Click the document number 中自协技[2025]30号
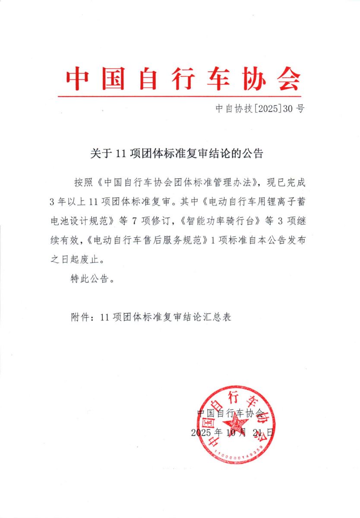(260, 108)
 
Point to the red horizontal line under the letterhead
(180, 96)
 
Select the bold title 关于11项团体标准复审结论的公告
(177, 153)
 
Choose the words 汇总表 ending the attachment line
(221, 317)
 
